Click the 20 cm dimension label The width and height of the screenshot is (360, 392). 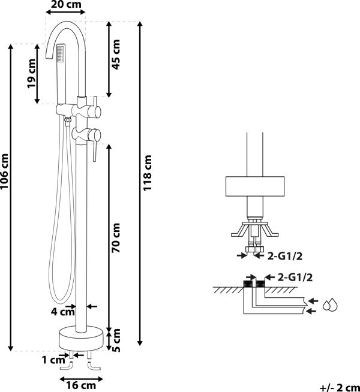pyautogui.click(x=66, y=4)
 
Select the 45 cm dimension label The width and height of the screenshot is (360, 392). pyautogui.click(x=116, y=55)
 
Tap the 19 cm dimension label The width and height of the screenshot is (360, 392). pyautogui.click(x=32, y=73)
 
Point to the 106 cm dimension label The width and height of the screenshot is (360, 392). pyautogui.click(x=5, y=171)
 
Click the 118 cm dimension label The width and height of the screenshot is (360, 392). pyautogui.click(x=147, y=173)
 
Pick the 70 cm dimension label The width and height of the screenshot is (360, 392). pyautogui.click(x=116, y=238)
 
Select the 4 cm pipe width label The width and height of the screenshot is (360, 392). pyautogui.click(x=63, y=312)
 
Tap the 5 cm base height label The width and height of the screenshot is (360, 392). pyautogui.click(x=116, y=340)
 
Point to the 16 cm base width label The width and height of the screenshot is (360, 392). pyautogui.click(x=81, y=385)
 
